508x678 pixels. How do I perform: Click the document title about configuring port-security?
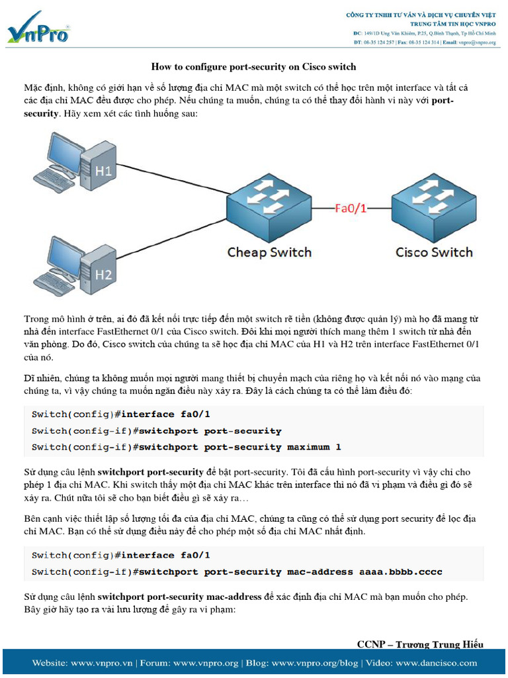[x=253, y=66]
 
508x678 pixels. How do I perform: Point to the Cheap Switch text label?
[x=269, y=252]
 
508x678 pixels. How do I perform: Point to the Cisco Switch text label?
[x=434, y=252]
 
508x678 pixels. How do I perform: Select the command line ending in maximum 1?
[x=187, y=447]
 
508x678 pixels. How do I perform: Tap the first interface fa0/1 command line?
[x=121, y=414]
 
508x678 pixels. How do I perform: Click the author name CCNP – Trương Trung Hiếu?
[x=420, y=644]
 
